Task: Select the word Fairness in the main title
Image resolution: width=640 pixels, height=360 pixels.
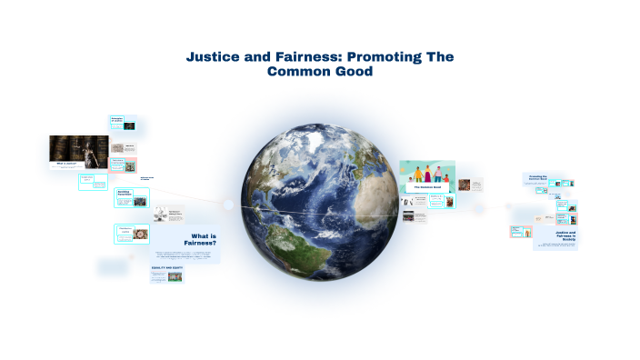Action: coord(294,56)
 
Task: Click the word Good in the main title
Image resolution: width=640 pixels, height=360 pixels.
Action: coord(353,71)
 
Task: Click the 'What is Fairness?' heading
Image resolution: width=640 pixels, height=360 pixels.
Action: coord(197,241)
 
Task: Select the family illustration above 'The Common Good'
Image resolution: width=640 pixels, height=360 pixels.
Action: coord(426,174)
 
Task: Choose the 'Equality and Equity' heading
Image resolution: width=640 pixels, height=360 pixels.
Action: coord(167,268)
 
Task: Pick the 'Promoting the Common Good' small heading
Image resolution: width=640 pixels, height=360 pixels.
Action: coord(537,178)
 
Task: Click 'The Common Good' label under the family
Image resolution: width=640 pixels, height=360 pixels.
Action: coord(426,186)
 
